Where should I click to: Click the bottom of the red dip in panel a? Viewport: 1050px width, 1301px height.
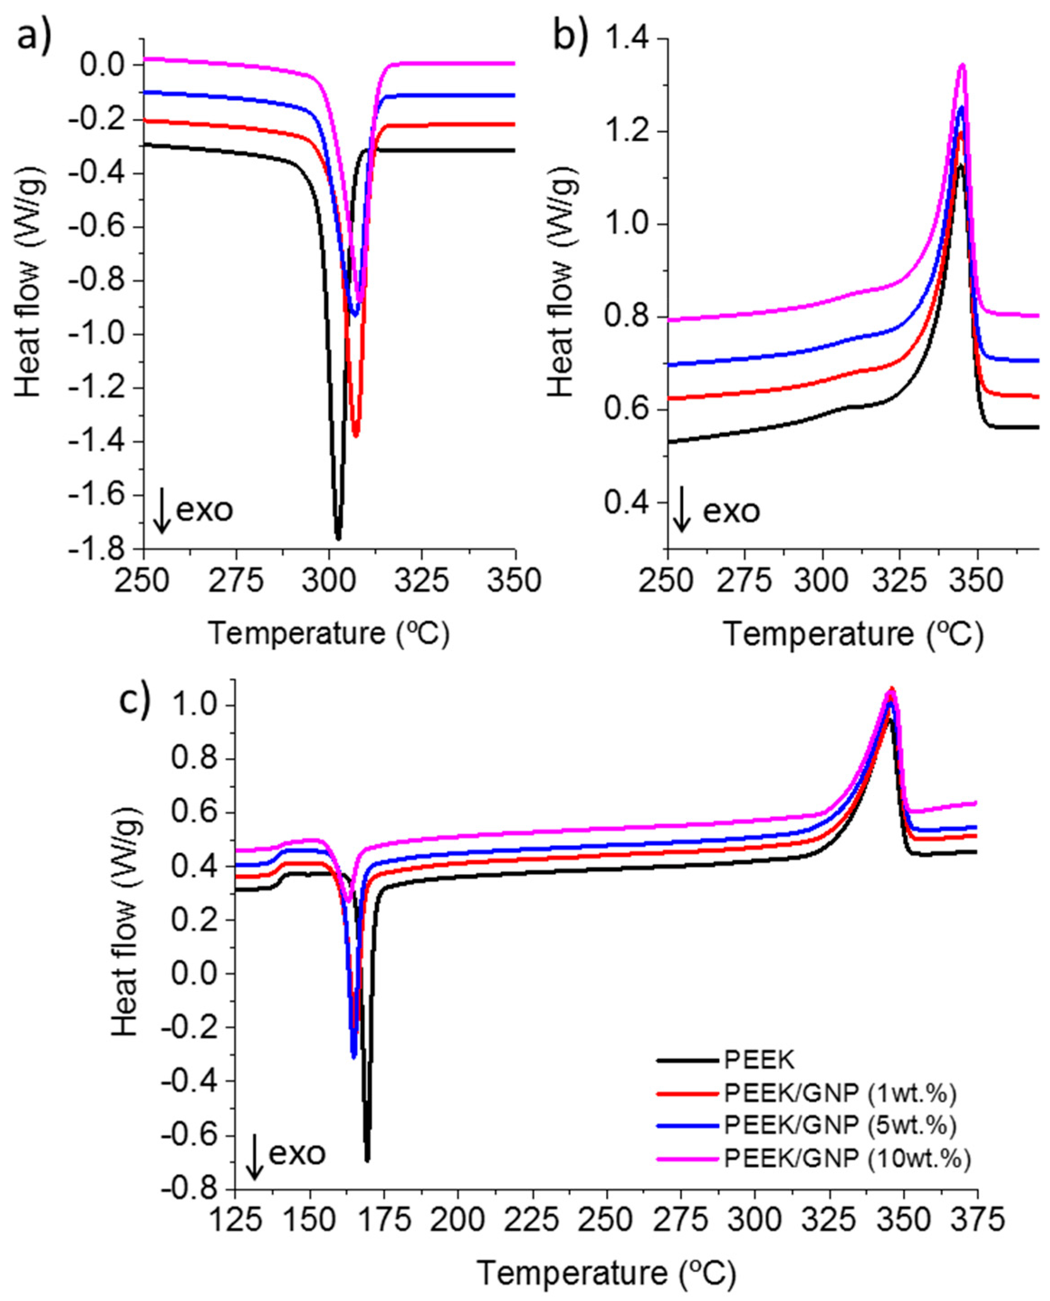point(356,434)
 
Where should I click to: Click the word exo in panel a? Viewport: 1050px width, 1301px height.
point(205,510)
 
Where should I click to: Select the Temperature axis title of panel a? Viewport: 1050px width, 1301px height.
point(329,634)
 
